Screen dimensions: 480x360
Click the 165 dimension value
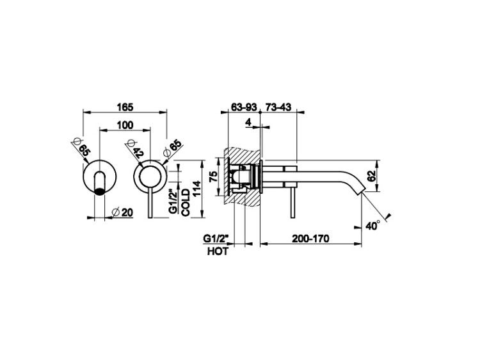[125, 107]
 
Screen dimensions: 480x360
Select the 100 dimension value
[125, 125]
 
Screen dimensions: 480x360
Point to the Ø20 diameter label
[122, 212]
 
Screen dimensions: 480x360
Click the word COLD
[186, 203]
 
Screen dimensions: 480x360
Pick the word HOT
[218, 251]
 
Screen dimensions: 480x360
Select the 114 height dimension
[196, 189]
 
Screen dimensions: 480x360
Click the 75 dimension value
[213, 176]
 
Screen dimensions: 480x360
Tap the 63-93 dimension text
[243, 107]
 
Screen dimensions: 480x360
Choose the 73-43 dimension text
[278, 107]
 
